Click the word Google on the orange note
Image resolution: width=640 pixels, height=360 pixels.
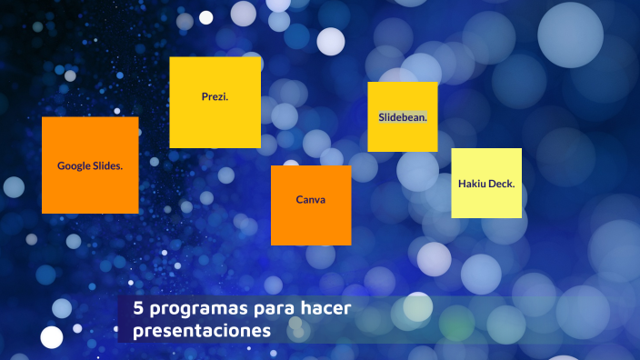[75, 166]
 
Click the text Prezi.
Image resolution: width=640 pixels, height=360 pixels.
[215, 96]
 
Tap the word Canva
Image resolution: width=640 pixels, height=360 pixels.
[311, 200]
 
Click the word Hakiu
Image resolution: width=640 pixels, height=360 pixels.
[472, 184]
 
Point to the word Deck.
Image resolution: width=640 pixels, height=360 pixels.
[502, 184]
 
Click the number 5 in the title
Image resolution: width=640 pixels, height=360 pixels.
[138, 308]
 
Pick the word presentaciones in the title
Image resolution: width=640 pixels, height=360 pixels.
[202, 331]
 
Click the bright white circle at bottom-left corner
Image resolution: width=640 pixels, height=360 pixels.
[52, 337]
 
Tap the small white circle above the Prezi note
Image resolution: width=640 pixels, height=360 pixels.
[206, 17]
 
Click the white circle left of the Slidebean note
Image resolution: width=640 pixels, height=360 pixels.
[330, 41]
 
